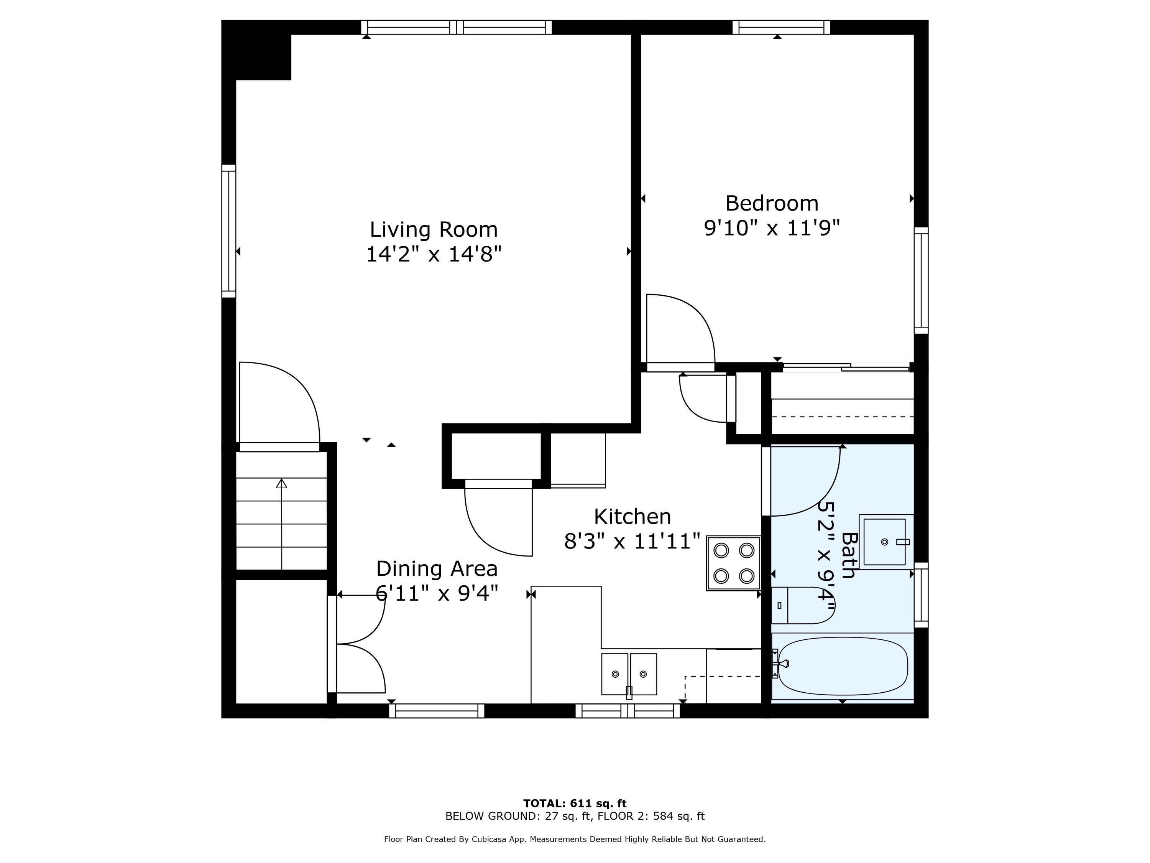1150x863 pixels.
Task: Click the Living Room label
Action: point(434,229)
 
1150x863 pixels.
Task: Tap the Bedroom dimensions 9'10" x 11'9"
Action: point(772,228)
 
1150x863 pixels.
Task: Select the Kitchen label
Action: point(632,517)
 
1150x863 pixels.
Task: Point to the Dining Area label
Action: point(437,568)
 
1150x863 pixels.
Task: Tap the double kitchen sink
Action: point(629,674)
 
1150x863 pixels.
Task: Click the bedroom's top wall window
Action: point(781,27)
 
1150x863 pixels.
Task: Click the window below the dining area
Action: point(437,711)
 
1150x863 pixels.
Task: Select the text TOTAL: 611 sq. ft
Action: point(575,804)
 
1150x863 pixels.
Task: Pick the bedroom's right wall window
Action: point(921,280)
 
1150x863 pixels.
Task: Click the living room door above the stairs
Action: point(279,406)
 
